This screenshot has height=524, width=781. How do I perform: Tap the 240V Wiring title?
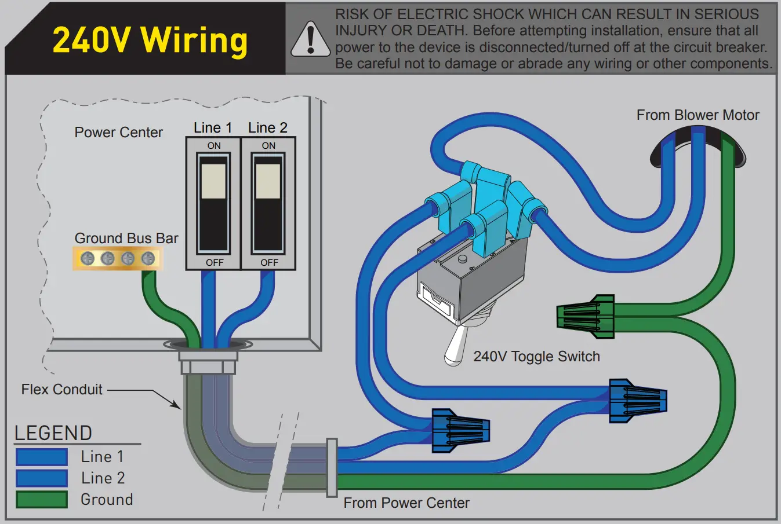(150, 41)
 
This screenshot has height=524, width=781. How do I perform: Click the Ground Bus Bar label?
(126, 238)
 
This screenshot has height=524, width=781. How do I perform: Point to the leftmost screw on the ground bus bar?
(87, 258)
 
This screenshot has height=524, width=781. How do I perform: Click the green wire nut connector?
(586, 316)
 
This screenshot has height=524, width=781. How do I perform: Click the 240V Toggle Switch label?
(536, 357)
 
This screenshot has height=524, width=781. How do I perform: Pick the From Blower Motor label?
(698, 115)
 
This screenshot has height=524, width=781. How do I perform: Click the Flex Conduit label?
(61, 390)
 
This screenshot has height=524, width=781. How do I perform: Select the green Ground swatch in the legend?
(42, 499)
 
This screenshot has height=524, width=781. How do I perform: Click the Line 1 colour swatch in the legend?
(42, 457)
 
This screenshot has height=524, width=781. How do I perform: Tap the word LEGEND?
(53, 433)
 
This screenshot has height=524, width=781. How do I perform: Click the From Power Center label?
(406, 503)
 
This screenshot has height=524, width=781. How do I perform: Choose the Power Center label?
(118, 133)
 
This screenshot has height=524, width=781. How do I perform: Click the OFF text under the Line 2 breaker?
(269, 263)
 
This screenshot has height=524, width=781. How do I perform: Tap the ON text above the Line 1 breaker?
(214, 146)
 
